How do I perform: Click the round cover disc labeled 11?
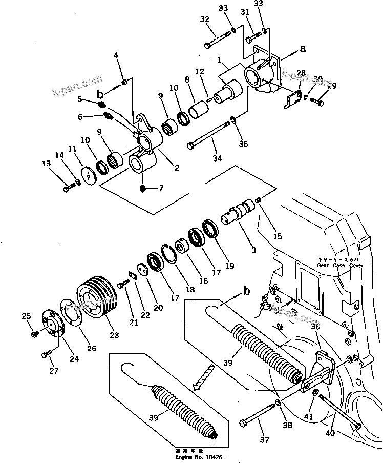click(90, 175)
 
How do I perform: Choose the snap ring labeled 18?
click(169, 253)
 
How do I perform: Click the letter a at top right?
click(302, 49)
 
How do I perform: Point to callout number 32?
click(205, 19)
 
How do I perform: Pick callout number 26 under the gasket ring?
click(91, 349)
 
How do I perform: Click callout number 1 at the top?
click(219, 61)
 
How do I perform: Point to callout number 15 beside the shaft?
click(278, 236)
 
